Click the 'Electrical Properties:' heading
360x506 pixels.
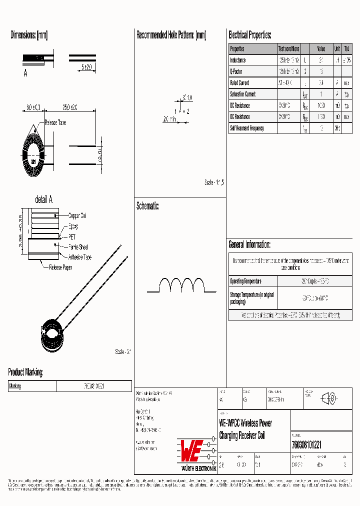[250, 35]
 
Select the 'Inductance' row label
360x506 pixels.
[238, 60]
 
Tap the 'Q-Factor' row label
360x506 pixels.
[236, 71]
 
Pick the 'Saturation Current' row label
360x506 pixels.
[242, 94]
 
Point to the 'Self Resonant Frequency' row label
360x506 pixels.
[246, 128]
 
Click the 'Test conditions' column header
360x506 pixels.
[288, 48]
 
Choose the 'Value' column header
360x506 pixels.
[321, 48]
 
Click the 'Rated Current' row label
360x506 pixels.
[239, 83]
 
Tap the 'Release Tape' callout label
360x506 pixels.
[55, 122]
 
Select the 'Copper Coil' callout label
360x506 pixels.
[77, 216]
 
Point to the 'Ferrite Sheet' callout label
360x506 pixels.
[78, 247]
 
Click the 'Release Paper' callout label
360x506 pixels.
[60, 268]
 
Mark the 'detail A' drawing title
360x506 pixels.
[43, 199]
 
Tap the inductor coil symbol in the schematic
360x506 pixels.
[182, 286]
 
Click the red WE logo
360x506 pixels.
[191, 451]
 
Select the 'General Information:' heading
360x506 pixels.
[249, 244]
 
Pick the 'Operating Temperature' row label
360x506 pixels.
[245, 281]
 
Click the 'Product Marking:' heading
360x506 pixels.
[25, 372]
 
